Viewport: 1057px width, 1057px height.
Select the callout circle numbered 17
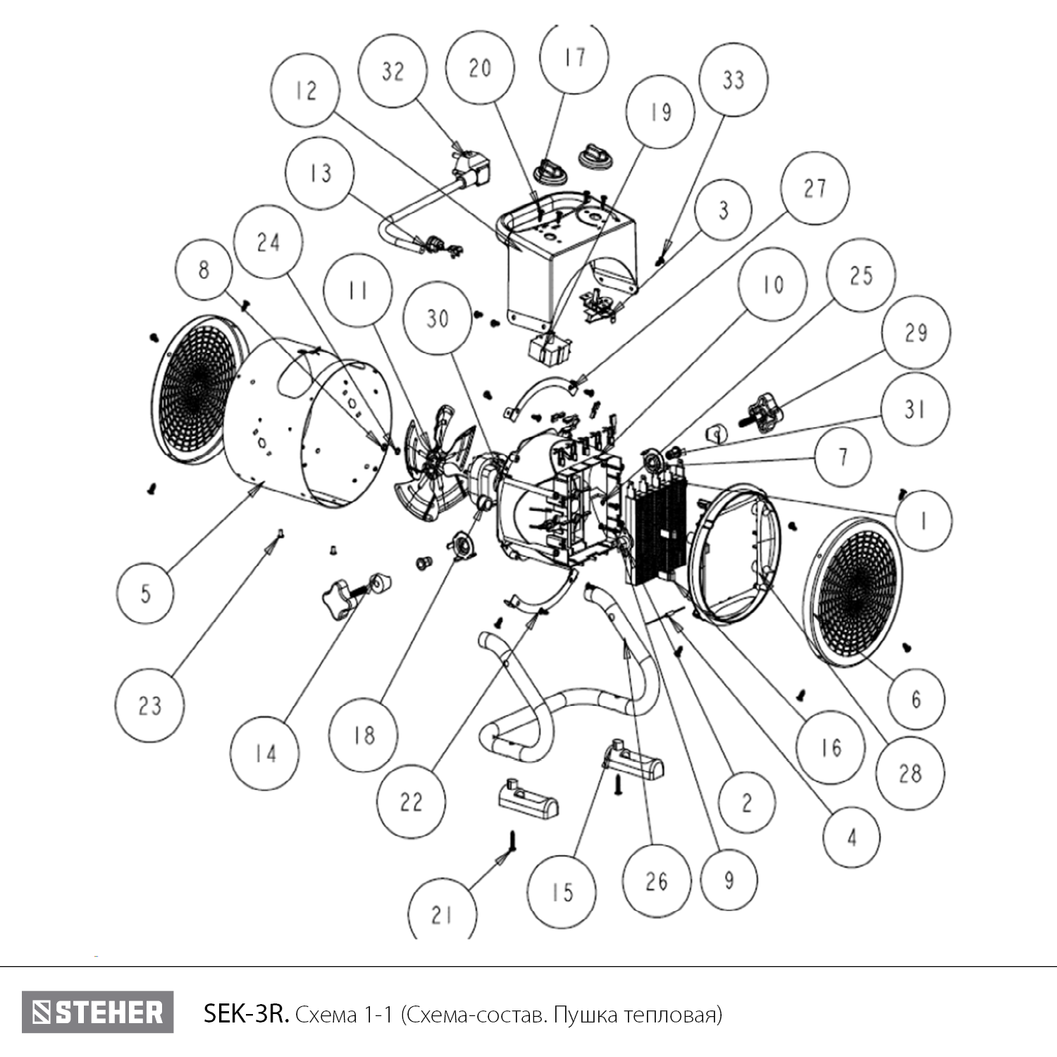click(575, 56)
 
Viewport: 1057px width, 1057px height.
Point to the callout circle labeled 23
click(150, 705)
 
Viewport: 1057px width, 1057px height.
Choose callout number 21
click(442, 914)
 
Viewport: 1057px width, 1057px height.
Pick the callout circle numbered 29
click(915, 333)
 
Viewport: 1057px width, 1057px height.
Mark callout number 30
click(438, 319)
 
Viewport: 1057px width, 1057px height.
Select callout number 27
click(815, 189)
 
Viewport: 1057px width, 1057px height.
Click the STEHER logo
click(97, 1013)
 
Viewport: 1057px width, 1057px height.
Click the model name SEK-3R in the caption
click(245, 1014)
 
